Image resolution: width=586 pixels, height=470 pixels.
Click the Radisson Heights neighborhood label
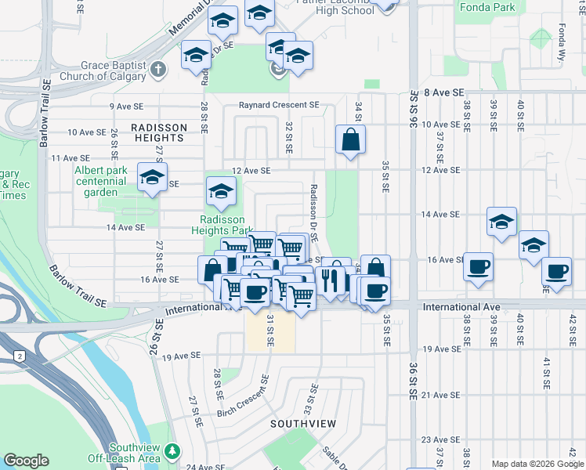pos(159,132)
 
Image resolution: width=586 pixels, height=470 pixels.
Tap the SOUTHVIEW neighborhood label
pos(303,424)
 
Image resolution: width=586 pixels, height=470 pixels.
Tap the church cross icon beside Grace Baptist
pos(158,70)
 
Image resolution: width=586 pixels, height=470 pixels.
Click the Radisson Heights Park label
pos(222,225)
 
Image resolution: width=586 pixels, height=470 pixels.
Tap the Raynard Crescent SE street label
pos(279,105)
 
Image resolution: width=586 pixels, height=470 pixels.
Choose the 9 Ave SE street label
pos(126,106)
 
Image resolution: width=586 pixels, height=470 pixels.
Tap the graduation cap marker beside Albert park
pos(152,177)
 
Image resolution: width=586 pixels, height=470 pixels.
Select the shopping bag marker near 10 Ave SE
pos(350,140)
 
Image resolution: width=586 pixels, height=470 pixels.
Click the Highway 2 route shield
pos(19,356)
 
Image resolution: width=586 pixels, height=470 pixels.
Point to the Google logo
pos(26,461)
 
